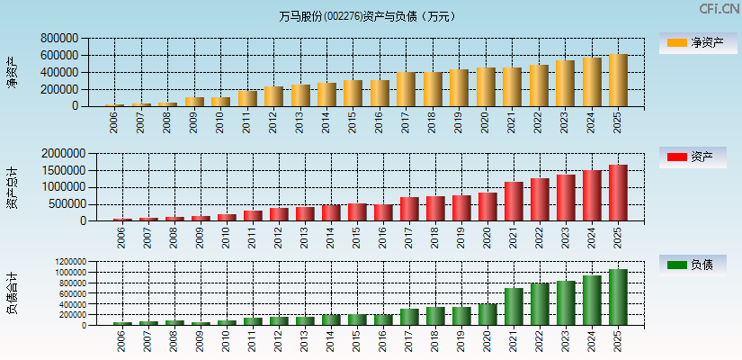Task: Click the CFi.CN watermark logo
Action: click(x=720, y=9)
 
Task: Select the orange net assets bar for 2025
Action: click(x=618, y=81)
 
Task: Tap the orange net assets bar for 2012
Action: click(x=273, y=96)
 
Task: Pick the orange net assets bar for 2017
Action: click(x=406, y=89)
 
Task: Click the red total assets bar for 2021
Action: click(x=514, y=202)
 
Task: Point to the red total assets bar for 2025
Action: click(x=618, y=193)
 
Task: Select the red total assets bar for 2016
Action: click(x=383, y=212)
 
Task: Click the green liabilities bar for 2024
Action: click(x=592, y=301)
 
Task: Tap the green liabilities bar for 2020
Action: click(x=487, y=314)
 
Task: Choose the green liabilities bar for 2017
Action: click(x=409, y=317)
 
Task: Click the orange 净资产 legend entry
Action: click(x=692, y=42)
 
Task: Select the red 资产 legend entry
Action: click(x=692, y=157)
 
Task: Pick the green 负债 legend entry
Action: click(x=692, y=265)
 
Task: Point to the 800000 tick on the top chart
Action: click(x=58, y=39)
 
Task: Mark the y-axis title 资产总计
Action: click(x=12, y=187)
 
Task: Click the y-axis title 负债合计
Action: click(x=12, y=293)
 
